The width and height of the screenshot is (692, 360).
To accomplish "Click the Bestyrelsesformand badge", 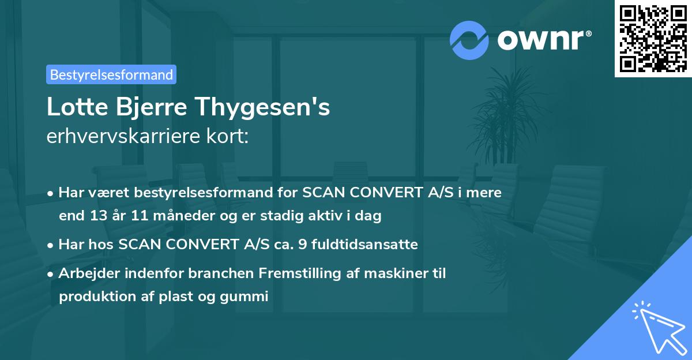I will click(x=111, y=74).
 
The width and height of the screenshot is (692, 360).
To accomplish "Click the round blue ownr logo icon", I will click(x=470, y=40).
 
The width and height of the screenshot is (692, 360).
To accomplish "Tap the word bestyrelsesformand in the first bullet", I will click(x=201, y=193).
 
